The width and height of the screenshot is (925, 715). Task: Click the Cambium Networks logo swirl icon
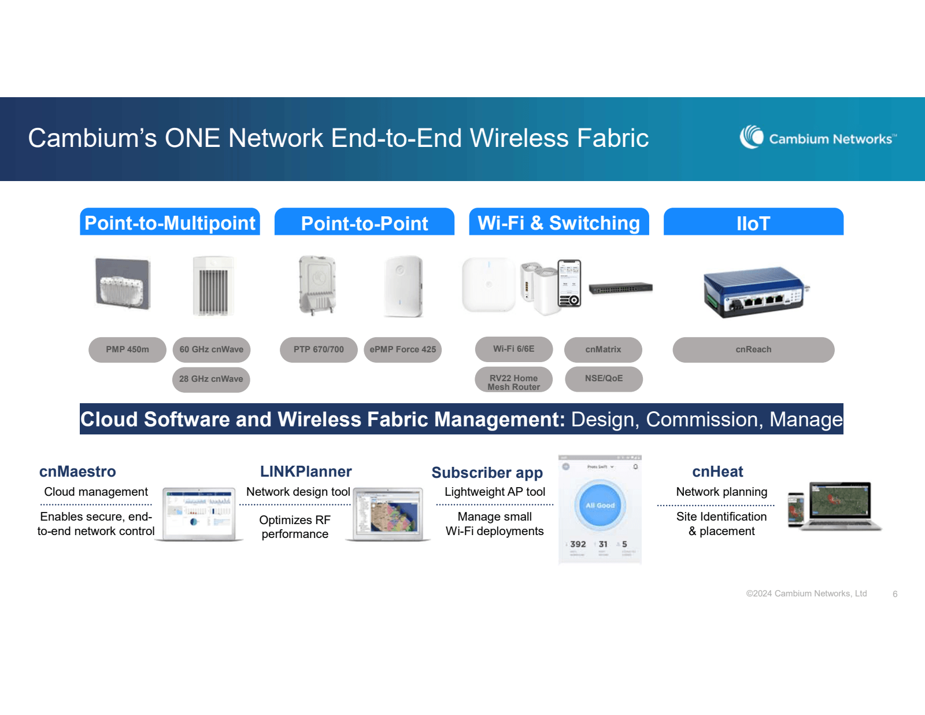tap(752, 137)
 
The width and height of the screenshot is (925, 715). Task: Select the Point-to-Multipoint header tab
tap(170, 223)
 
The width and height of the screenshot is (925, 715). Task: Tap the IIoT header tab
tap(753, 223)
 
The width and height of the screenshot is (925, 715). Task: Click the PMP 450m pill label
tap(127, 349)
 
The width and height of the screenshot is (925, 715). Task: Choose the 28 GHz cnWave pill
tap(211, 379)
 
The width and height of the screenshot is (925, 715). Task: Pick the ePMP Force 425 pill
tap(403, 349)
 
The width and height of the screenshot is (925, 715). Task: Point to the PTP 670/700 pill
tap(319, 349)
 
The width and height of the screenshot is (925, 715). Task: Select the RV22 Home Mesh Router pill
tap(513, 382)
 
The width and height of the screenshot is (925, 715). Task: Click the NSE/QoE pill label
tap(604, 378)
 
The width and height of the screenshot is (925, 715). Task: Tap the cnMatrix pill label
tap(603, 349)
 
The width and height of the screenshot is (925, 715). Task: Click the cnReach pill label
tap(753, 349)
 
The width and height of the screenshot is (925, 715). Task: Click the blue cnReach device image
tap(754, 291)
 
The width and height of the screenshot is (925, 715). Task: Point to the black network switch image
tap(620, 288)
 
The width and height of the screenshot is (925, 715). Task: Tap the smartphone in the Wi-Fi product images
tap(569, 283)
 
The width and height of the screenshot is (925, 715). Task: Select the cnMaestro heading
tap(77, 471)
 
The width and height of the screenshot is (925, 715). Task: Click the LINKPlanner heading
tap(306, 471)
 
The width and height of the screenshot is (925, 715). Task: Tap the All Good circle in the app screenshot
tap(600, 506)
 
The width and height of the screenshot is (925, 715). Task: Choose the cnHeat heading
tap(717, 471)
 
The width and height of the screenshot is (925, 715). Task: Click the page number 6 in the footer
tap(895, 594)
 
